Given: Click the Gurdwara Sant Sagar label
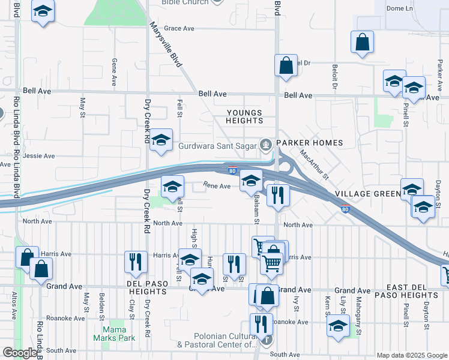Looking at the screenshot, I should [218, 145].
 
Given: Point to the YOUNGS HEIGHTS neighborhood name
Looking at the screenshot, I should [244, 116].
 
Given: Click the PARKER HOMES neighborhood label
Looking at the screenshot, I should [309, 143].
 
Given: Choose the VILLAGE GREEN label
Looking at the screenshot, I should [368, 194].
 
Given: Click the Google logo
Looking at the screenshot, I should [20, 353].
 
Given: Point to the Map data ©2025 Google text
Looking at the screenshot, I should [411, 355].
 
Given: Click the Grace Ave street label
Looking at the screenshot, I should [179, 28].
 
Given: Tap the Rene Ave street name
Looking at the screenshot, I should [217, 186].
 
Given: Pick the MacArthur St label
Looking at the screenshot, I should [315, 165].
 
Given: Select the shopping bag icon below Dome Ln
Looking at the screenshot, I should [363, 43].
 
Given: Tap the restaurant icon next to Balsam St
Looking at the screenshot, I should [278, 196].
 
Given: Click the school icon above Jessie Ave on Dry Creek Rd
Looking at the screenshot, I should [161, 140].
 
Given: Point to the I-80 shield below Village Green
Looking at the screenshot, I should [345, 209].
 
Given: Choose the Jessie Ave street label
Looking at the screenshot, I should [39, 156].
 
